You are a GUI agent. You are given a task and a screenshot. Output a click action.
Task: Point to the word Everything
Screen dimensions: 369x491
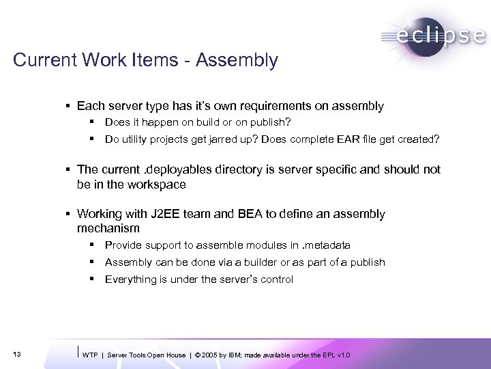pos(130,279)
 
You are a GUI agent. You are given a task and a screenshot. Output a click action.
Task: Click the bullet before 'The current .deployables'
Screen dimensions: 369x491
pos(71,169)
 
